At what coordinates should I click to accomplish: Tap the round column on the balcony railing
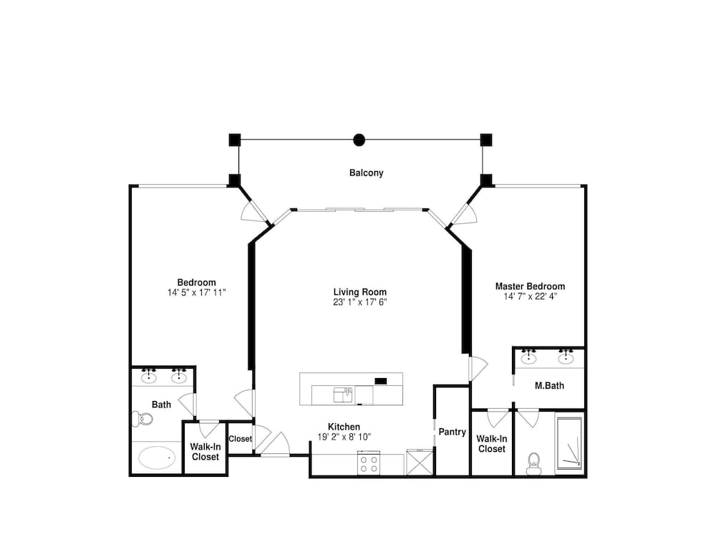pos(359,140)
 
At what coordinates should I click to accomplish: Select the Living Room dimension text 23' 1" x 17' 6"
pos(360,302)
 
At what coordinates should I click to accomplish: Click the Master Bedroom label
pos(530,286)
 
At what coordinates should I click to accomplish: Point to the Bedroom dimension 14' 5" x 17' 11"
pos(196,292)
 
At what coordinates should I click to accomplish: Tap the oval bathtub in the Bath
pos(157,457)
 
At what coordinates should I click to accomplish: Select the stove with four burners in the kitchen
pos(369,463)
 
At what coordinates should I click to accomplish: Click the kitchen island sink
pos(343,395)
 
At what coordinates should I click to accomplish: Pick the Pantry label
pos(452,432)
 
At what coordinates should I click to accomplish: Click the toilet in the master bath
pos(533,463)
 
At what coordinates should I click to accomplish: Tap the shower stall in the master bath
pos(569,443)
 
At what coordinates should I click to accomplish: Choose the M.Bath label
pos(549,385)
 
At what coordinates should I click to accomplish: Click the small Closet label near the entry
pos(240,439)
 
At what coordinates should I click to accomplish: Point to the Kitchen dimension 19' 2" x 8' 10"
pos(344,437)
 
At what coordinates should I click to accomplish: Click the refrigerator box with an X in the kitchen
pos(420,463)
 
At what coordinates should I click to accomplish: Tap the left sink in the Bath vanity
pos(149,377)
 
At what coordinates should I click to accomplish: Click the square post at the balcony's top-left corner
pos(235,140)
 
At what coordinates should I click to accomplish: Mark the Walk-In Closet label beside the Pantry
pos(492,444)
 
